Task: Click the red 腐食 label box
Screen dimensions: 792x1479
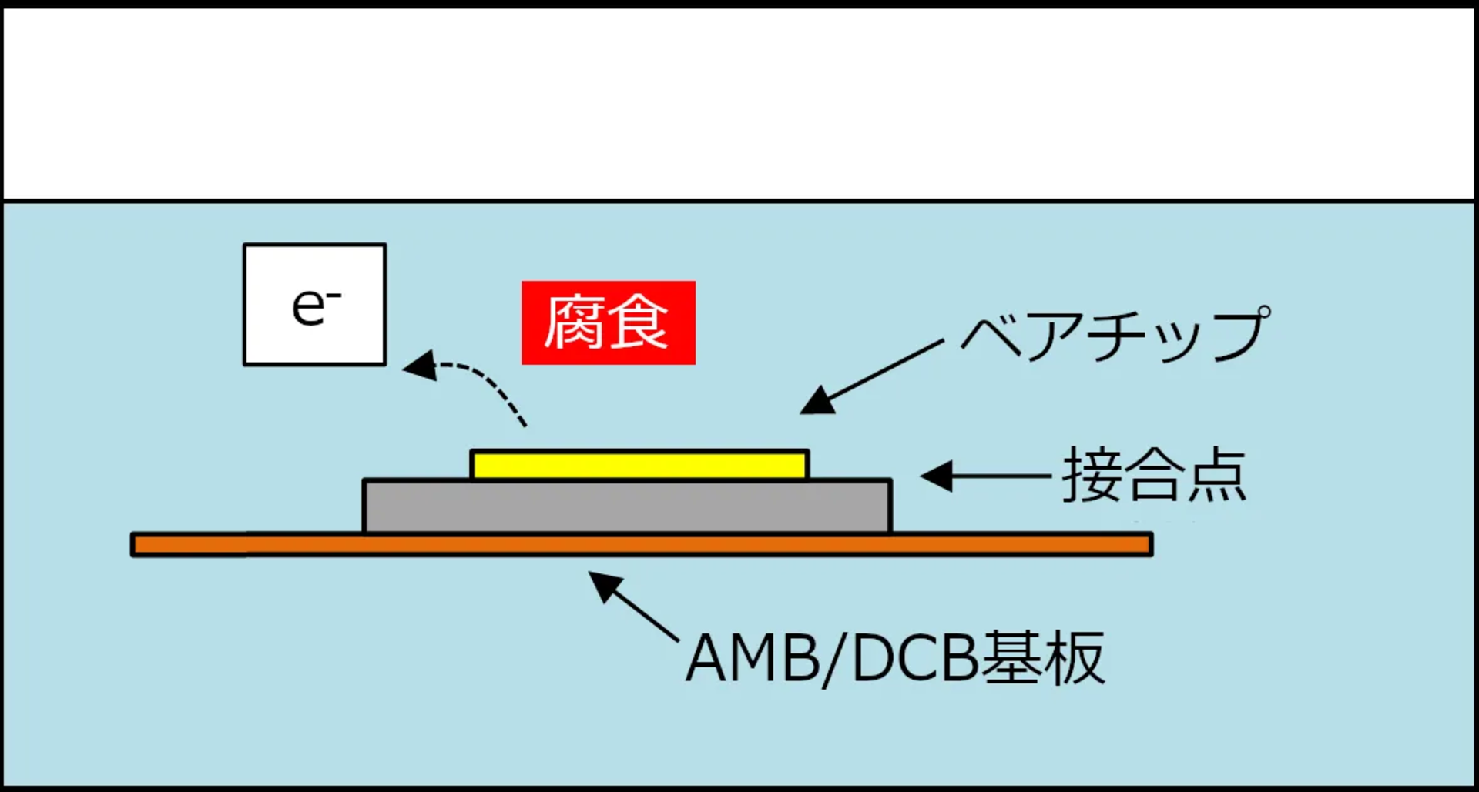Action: tap(608, 322)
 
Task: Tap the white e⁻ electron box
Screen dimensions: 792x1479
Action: tap(314, 305)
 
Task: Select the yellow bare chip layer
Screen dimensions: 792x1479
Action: tap(639, 465)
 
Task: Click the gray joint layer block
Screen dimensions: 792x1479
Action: tap(627, 506)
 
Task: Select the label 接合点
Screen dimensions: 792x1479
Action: tap(1154, 475)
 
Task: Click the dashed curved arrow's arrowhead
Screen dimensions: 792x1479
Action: tap(420, 366)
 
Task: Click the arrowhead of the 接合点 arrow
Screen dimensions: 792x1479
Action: tap(937, 476)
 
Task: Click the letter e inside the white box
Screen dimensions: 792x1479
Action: tap(307, 308)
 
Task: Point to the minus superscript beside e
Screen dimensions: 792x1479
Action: tap(334, 295)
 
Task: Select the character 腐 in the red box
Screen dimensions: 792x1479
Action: tap(574, 322)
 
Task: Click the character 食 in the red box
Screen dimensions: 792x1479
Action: tap(639, 322)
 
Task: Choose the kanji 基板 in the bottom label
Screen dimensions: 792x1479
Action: tap(1045, 657)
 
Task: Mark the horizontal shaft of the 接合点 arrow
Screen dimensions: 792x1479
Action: tap(1001, 476)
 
